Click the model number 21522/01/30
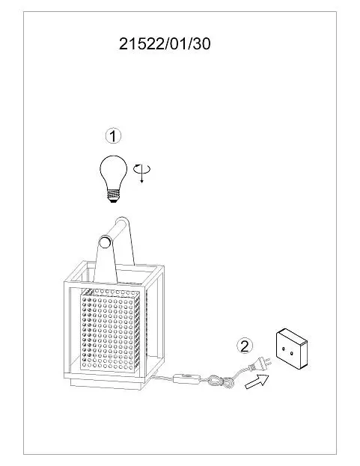165,44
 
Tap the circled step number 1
113,136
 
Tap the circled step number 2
245,346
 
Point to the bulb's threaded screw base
113,196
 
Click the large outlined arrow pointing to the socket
257,381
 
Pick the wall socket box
292,349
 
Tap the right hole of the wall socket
292,353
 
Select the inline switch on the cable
186,379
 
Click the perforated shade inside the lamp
110,329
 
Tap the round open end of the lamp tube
105,242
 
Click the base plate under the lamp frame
107,384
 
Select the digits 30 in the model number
202,44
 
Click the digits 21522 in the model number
141,44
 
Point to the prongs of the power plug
267,362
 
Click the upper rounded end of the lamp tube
123,222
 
